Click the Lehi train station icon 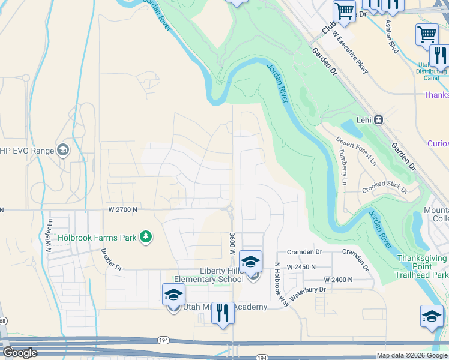point(379,119)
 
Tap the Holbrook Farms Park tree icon point(145,238)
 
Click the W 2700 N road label point(123,209)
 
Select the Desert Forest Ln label point(356,151)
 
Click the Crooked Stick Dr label point(385,190)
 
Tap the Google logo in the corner point(19,353)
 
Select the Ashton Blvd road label point(392,36)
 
